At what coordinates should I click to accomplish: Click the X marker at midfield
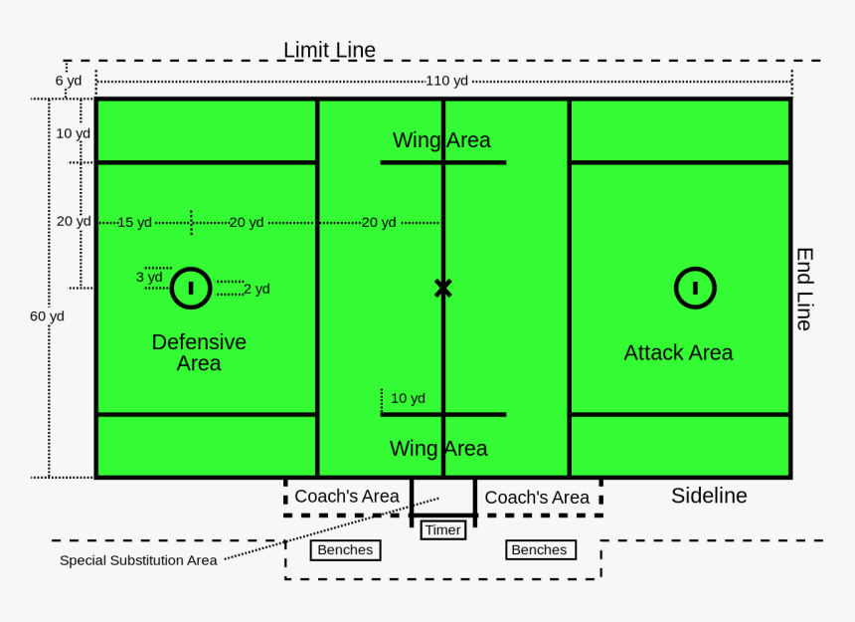(442, 289)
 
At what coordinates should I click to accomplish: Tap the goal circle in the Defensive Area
(191, 288)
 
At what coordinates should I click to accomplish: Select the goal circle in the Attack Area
(695, 288)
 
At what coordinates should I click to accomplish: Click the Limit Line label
(329, 50)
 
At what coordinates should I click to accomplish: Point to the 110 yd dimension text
(446, 81)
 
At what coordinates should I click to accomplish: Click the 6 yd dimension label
(69, 81)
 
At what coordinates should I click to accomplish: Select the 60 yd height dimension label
(47, 315)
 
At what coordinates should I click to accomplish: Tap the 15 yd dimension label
(134, 222)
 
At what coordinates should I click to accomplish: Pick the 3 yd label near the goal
(149, 277)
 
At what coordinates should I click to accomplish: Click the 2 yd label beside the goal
(256, 289)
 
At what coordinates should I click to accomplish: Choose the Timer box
(442, 529)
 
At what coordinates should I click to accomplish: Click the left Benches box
(345, 549)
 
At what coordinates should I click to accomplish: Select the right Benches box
(539, 549)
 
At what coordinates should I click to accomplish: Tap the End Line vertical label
(804, 289)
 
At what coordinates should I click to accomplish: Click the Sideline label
(709, 496)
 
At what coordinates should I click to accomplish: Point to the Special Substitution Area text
(138, 560)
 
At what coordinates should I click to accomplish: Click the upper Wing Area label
(441, 140)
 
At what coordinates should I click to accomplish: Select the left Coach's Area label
(347, 496)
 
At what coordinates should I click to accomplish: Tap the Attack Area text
(678, 352)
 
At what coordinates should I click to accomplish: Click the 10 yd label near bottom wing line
(408, 398)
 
